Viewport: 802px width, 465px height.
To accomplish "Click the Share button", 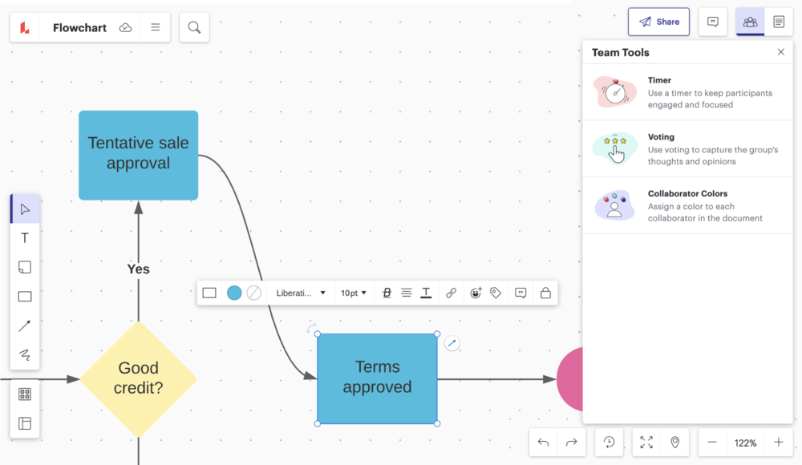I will (x=658, y=22).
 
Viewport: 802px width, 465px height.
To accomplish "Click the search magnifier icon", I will (x=194, y=27).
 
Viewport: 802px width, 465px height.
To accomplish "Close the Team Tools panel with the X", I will (x=781, y=52).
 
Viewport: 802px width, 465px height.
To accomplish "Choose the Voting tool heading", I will (x=661, y=137).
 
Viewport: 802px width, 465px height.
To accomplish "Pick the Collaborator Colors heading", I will (x=687, y=194).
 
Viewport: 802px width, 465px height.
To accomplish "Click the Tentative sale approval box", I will (x=139, y=154).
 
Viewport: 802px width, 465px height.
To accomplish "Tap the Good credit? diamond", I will (x=139, y=378).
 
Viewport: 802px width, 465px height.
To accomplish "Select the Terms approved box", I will (x=377, y=378).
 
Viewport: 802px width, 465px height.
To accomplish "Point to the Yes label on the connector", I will (x=139, y=269).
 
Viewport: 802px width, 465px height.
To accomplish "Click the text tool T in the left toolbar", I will (x=25, y=238).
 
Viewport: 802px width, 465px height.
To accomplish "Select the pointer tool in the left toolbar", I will (x=25, y=209).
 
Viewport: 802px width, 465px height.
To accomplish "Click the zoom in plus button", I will (x=779, y=443).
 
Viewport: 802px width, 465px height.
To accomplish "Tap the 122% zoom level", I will (x=745, y=443).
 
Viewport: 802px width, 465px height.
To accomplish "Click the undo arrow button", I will (x=544, y=443).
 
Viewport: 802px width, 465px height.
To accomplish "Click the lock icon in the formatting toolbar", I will (x=545, y=293).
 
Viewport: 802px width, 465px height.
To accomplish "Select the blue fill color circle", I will (x=234, y=293).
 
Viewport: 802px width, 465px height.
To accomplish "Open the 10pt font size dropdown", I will (x=354, y=293).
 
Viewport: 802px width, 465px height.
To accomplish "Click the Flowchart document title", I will (x=79, y=27).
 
